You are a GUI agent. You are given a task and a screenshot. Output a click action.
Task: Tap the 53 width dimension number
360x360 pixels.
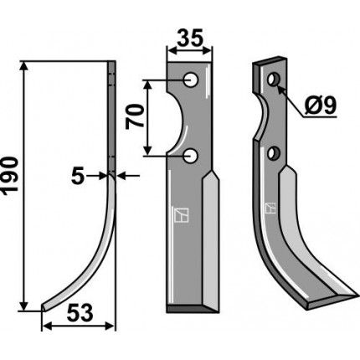(80, 313)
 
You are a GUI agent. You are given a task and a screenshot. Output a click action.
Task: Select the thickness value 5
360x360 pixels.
(77, 177)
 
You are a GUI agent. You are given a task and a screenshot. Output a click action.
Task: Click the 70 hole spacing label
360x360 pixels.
(135, 117)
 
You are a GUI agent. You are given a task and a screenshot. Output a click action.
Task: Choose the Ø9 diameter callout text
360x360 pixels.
(321, 105)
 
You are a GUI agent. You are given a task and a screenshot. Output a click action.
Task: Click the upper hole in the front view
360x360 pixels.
(191, 80)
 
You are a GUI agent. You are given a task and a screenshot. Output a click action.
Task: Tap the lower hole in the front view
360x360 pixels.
(191, 156)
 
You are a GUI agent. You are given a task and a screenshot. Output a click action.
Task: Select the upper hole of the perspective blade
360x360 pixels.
(274, 80)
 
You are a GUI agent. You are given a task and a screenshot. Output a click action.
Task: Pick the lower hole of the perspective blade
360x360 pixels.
(274, 153)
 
